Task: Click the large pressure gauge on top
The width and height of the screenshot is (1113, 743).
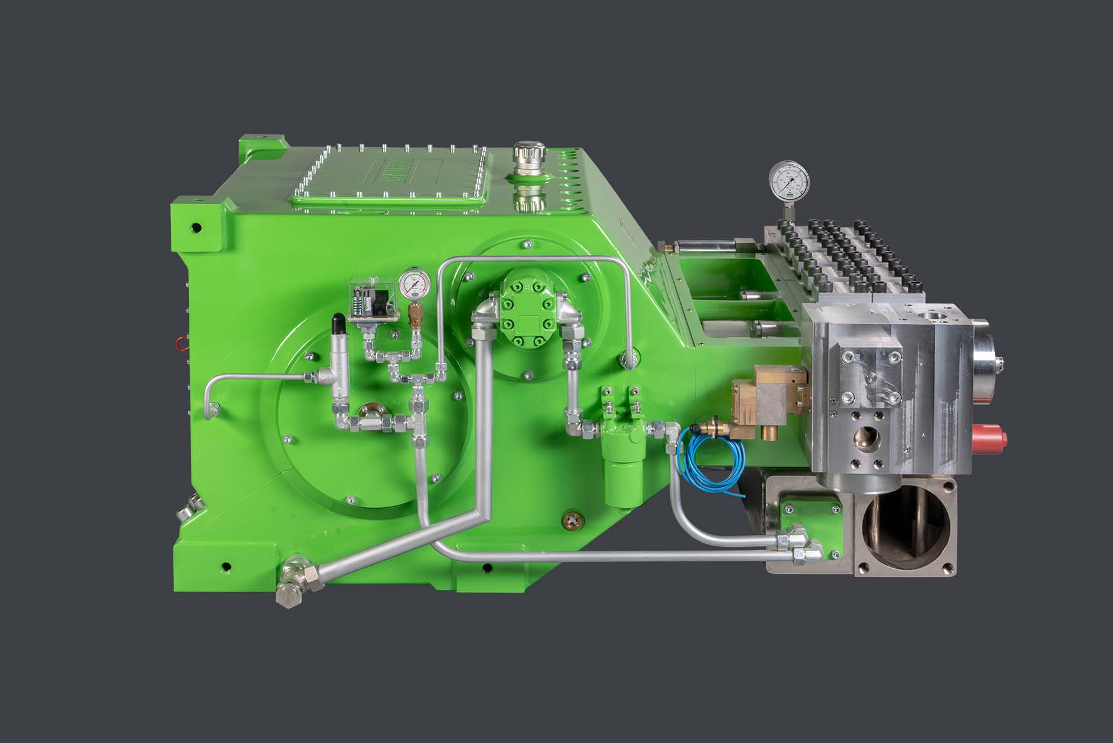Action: pyautogui.click(x=789, y=180)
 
